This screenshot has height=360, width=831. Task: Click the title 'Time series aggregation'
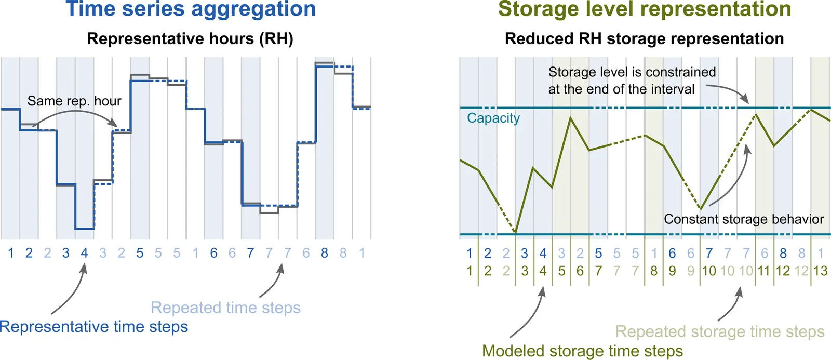191,9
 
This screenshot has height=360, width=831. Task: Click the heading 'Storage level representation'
645,9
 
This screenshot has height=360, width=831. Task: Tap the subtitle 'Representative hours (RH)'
190,39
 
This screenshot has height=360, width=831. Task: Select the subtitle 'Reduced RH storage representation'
644,39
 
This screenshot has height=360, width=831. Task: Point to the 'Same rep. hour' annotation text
74,101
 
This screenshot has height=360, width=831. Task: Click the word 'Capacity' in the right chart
493,118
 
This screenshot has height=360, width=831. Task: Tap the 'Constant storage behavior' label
744,219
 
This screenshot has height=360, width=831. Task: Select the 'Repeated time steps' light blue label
225,308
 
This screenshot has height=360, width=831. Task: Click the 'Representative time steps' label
94,327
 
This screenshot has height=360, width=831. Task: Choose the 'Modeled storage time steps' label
582,351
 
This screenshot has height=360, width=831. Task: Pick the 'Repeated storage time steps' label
720,331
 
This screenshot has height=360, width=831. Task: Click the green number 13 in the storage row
820,271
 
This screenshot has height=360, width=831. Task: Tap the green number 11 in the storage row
763,271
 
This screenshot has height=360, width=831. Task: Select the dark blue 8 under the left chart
325,253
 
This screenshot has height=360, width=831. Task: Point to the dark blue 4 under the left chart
84,253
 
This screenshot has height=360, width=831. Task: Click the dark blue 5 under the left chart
140,253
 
